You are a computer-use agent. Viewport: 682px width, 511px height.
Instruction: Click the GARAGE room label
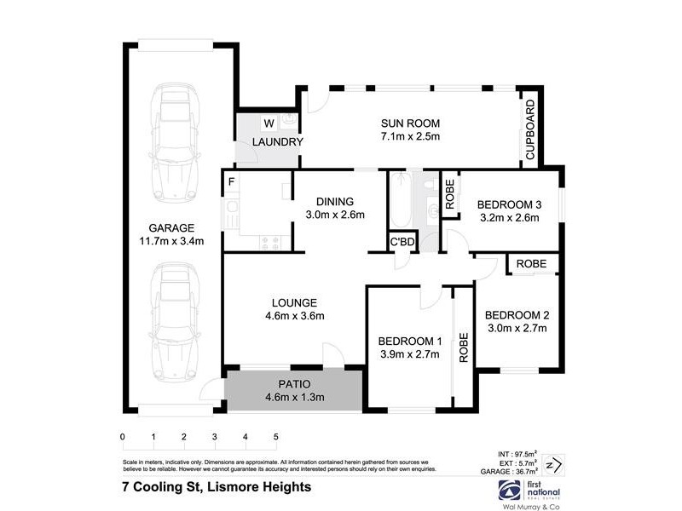pos(172,228)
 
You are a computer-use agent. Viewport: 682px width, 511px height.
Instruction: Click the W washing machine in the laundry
pos(268,122)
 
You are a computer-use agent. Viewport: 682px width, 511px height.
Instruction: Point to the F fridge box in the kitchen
pos(231,181)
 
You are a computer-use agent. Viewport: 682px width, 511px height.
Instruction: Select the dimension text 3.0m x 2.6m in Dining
pos(335,215)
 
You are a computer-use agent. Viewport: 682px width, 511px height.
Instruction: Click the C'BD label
pos(402,242)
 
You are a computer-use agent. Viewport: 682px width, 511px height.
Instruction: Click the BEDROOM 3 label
pos(509,204)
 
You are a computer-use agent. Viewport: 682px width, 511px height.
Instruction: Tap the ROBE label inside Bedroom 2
pos(531,264)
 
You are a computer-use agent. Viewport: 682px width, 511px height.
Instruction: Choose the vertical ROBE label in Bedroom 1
pos(465,347)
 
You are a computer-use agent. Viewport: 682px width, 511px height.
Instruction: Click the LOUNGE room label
pos(295,302)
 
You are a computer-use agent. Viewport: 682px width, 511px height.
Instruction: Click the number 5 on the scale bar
pos(275,437)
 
